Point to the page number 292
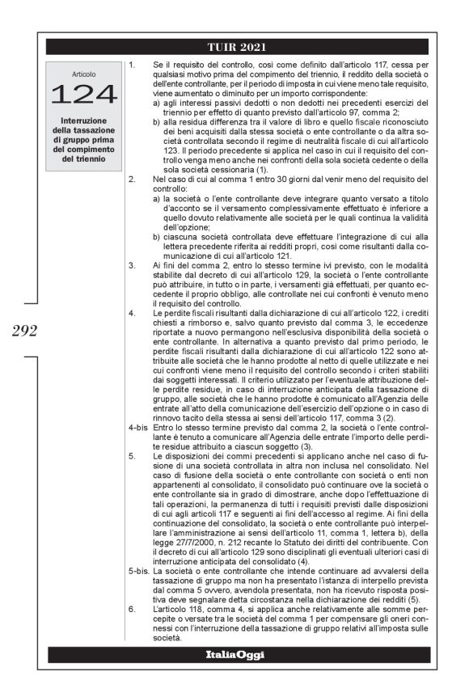tap(20, 330)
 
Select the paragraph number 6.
tap(132, 619)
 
